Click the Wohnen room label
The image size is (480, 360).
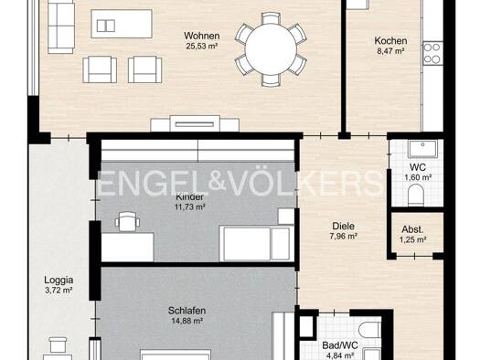[x=201, y=36]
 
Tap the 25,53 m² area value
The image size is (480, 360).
[x=201, y=47]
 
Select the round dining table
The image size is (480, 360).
[x=271, y=49]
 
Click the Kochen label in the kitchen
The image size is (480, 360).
[x=390, y=41]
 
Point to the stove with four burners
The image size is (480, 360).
[x=432, y=53]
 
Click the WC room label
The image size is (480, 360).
[x=418, y=167]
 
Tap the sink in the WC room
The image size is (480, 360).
[x=422, y=149]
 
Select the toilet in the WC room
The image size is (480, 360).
[x=416, y=196]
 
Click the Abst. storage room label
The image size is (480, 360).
[x=412, y=229]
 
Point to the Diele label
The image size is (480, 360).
[x=344, y=226]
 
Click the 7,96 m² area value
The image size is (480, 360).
[x=344, y=236]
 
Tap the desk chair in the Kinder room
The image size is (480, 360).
[x=127, y=221]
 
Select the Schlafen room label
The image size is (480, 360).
[x=187, y=311]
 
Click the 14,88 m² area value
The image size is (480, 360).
[x=187, y=321]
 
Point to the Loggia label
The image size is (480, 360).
[x=59, y=280]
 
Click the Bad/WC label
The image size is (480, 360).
[x=340, y=345]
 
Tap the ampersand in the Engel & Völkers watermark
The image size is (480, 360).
[x=218, y=182]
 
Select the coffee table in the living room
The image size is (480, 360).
[x=122, y=24]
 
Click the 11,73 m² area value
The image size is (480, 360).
[x=189, y=207]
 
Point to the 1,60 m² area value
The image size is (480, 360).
[x=418, y=177]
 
